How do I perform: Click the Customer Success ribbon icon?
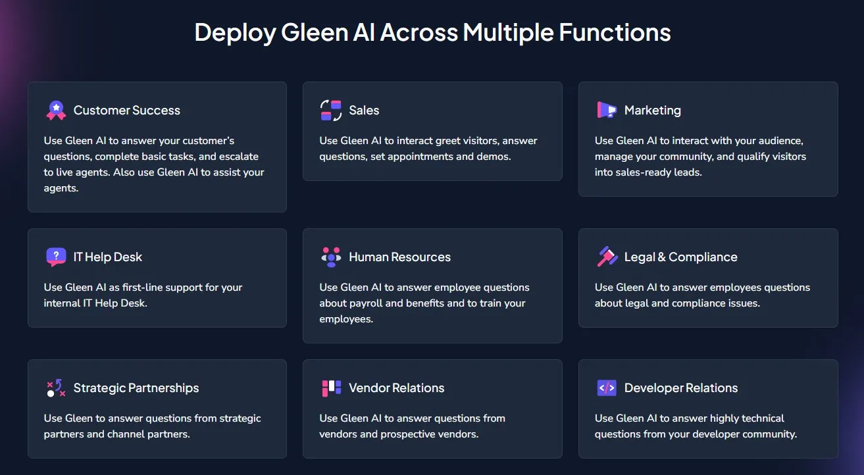(56, 111)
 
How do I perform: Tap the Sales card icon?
(331, 111)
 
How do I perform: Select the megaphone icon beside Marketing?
(606, 111)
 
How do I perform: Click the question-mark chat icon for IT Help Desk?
(56, 257)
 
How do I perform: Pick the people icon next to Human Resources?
(331, 257)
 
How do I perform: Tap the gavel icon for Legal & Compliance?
(606, 257)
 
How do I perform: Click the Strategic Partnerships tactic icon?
(56, 388)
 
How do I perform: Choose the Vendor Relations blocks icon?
(331, 388)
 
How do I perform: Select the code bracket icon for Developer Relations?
(606, 388)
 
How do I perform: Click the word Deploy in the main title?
(235, 33)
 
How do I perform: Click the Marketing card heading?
(652, 111)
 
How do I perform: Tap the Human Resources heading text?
(399, 257)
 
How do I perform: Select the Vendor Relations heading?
(396, 388)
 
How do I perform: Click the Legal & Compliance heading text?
(680, 257)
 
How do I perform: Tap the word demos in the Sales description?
(493, 157)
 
